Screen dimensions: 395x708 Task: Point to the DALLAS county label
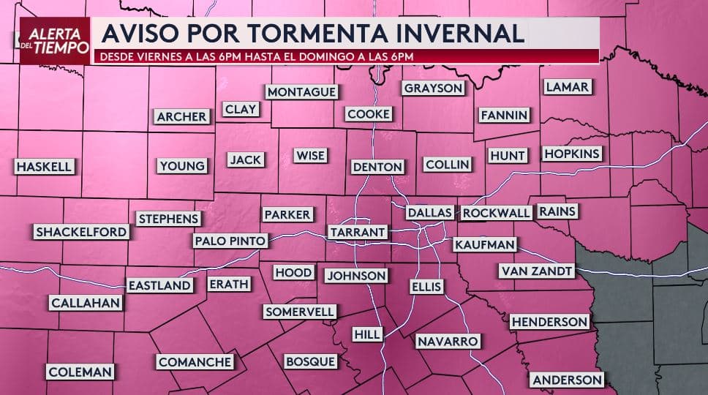point(430,213)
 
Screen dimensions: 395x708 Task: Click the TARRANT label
point(358,232)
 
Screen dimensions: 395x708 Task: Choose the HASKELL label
point(45,167)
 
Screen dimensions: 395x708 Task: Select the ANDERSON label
point(568,380)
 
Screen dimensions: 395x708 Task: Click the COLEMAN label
point(80,372)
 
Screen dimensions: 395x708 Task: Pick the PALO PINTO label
point(230,240)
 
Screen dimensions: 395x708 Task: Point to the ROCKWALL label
point(496,213)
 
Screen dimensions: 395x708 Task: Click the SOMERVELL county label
point(299,312)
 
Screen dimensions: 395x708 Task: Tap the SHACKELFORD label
point(82,232)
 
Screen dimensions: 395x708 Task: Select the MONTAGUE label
point(302,92)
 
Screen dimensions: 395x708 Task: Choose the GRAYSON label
point(433,88)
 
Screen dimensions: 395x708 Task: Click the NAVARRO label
point(448,341)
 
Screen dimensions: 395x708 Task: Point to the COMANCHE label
point(195,361)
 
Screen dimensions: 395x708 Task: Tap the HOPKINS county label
point(572,154)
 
